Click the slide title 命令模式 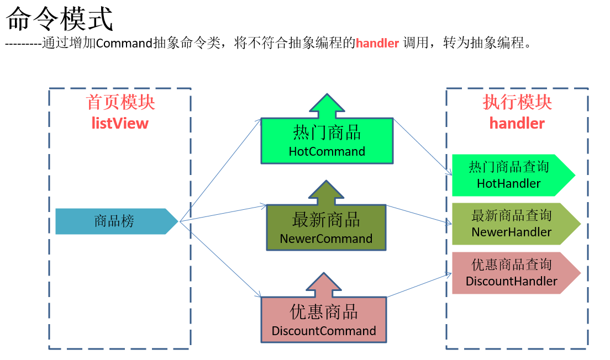click(59, 19)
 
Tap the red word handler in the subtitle click(377, 43)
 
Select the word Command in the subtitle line click(123, 43)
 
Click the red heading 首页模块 click(120, 103)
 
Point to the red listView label click(120, 123)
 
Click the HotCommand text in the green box click(327, 151)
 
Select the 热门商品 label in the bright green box click(327, 133)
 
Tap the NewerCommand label click(326, 239)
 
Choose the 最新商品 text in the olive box click(326, 220)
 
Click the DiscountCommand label click(324, 331)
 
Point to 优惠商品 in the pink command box click(324, 313)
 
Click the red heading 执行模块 click(517, 103)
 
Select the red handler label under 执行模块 click(517, 123)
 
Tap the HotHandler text click(509, 183)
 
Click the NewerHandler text click(511, 232)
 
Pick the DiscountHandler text click(512, 281)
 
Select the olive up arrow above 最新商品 click(326, 193)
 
